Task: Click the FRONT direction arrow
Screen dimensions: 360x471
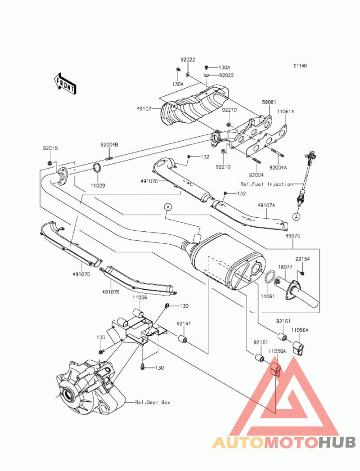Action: (65, 84)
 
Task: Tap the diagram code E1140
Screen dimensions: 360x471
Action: (300, 66)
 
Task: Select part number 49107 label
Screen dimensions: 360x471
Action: (144, 109)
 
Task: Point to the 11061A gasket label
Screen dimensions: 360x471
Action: (285, 112)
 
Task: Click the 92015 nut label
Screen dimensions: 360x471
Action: (50, 148)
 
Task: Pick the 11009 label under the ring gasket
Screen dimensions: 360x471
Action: (98, 186)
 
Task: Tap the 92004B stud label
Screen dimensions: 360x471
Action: (109, 145)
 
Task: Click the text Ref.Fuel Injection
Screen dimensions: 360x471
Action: (266, 184)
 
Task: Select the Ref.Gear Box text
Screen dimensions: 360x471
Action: (153, 402)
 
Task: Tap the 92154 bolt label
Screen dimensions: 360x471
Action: (302, 259)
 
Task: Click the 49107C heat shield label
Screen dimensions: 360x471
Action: (149, 181)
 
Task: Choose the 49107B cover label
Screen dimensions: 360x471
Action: (111, 292)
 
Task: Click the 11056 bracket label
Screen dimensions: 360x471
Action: (140, 297)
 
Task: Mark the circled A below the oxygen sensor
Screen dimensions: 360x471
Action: (297, 216)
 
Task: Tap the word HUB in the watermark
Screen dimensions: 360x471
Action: (337, 443)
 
